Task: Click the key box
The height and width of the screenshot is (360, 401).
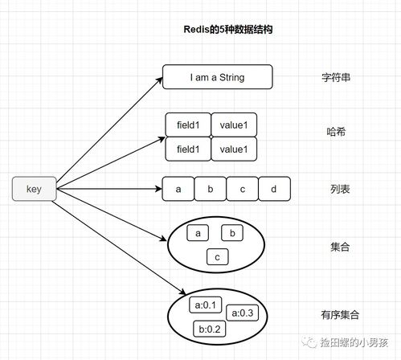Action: coord(34,190)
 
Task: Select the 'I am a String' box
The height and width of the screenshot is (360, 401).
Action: coord(217,77)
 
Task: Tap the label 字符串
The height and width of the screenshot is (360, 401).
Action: coord(333,78)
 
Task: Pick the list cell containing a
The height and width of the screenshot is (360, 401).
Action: coord(178,190)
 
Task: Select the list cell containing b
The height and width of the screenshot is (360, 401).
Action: coord(210,190)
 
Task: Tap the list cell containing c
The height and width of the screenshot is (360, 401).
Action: coord(242,190)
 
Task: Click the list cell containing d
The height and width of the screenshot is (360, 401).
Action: coord(273,190)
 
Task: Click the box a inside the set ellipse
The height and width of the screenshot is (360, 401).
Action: coord(198,233)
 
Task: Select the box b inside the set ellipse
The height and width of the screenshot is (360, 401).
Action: coord(232,233)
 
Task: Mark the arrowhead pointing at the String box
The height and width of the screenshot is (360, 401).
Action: coord(158,77)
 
